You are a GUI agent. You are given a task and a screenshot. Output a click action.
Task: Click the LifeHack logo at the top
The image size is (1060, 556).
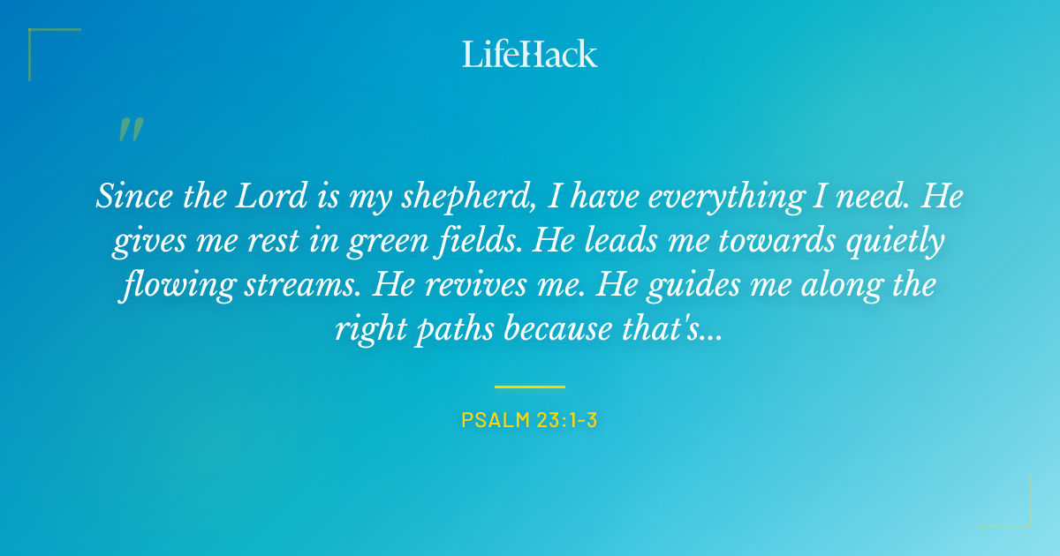click(530, 53)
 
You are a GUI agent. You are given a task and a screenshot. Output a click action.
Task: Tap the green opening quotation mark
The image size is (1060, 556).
click(130, 131)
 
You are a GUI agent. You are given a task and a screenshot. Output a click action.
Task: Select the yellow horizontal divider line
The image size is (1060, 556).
click(530, 387)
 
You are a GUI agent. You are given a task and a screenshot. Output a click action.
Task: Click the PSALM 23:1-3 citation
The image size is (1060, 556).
click(530, 420)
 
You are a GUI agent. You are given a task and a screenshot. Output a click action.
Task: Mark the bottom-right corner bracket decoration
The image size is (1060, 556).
click(1016, 512)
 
